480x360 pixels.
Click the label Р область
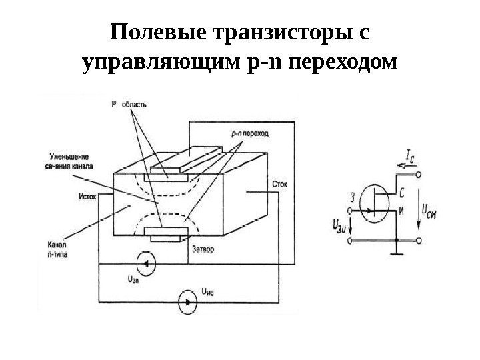point(129,104)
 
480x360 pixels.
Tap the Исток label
point(88,197)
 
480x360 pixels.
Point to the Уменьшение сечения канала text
point(69,161)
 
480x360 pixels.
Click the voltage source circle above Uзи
point(145,265)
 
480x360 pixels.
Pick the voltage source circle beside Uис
point(188,301)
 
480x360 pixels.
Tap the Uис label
point(209,292)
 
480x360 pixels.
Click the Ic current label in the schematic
point(414,157)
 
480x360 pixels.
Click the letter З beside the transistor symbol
point(352,197)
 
